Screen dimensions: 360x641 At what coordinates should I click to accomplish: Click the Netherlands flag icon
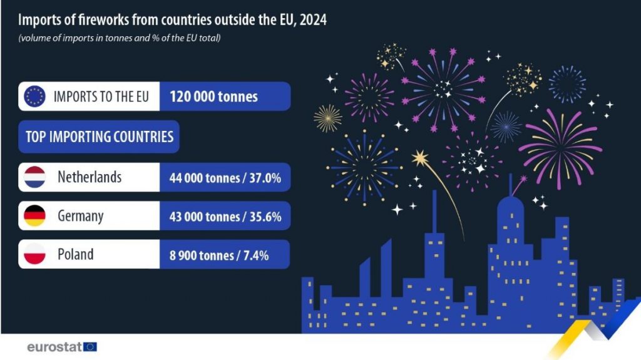point(34,177)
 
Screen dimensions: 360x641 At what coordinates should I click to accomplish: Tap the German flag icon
point(34,216)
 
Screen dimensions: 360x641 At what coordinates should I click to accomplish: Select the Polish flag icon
point(34,254)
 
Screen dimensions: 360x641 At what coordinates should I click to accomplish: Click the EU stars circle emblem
point(34,96)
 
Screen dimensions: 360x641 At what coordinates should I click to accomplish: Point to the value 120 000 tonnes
point(213,97)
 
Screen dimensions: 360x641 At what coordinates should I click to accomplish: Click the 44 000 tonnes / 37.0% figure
point(225,178)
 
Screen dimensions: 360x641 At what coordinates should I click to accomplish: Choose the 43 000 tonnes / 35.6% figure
point(225,217)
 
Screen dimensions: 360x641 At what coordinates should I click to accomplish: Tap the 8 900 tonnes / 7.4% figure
point(219,255)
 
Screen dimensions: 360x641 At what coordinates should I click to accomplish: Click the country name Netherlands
point(90,177)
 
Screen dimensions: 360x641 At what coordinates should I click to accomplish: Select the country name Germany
point(80,216)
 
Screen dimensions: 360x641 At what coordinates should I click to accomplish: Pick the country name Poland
point(76,254)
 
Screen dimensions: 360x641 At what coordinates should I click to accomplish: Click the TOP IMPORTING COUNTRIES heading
point(99,136)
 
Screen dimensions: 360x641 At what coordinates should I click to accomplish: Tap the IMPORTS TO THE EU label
point(101,97)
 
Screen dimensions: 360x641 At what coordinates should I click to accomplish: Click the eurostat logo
point(61,346)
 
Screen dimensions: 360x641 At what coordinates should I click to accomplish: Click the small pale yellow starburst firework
point(328,118)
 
